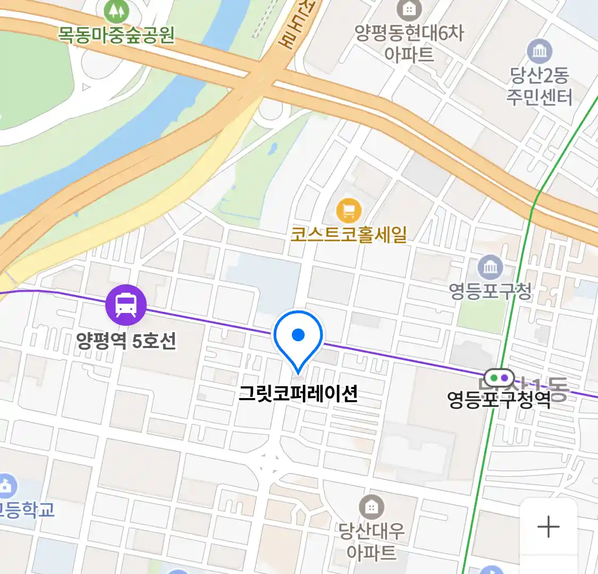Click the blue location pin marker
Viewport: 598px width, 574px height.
click(x=298, y=338)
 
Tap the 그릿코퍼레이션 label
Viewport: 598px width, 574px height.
click(x=298, y=394)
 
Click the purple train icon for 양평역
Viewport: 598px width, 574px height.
click(x=126, y=305)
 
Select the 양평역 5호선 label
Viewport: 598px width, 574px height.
click(x=126, y=341)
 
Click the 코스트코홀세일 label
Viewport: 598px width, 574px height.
click(x=349, y=234)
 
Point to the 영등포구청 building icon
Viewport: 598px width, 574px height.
click(x=490, y=267)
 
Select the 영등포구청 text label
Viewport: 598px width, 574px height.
click(x=490, y=291)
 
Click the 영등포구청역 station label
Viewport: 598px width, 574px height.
click(x=499, y=399)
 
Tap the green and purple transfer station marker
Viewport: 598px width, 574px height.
click(x=500, y=378)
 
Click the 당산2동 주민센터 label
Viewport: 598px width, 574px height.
click(x=539, y=87)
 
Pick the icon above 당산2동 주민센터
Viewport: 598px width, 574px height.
click(x=540, y=52)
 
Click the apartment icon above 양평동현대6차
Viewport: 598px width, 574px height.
click(x=409, y=9)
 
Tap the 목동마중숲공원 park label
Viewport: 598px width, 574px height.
click(x=116, y=35)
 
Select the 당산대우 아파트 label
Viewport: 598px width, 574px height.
click(x=372, y=541)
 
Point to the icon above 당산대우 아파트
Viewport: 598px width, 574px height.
click(x=372, y=508)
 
